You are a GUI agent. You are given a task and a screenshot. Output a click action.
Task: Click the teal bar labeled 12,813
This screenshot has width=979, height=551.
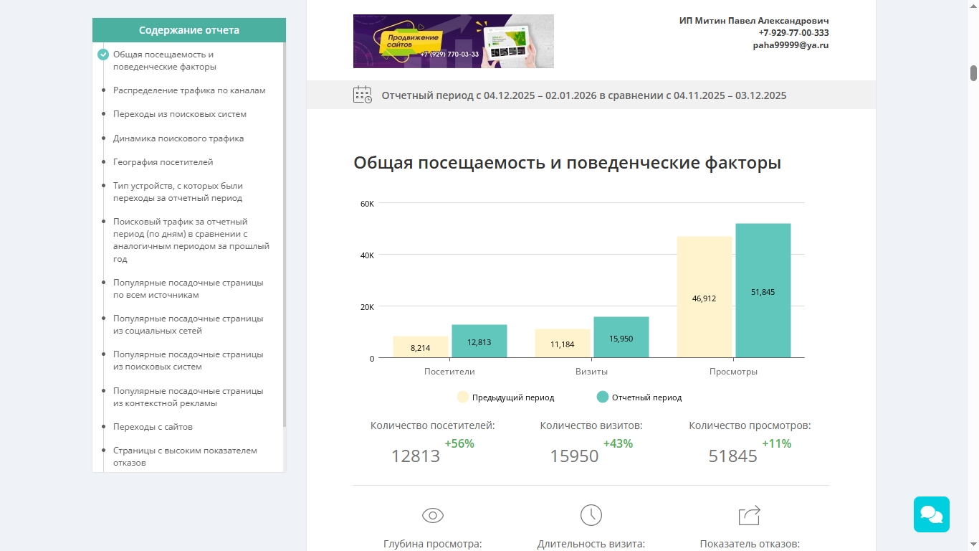click(x=479, y=342)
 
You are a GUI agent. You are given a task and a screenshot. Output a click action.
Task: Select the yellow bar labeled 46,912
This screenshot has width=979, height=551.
click(x=704, y=297)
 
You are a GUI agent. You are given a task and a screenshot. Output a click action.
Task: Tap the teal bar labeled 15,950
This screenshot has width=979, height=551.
click(x=621, y=337)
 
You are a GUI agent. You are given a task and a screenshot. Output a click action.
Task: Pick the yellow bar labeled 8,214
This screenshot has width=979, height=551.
click(x=420, y=347)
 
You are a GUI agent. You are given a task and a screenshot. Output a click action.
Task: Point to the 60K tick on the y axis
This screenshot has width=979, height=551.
click(x=367, y=204)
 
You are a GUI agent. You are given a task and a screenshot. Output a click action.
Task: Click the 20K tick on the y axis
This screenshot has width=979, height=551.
click(x=367, y=307)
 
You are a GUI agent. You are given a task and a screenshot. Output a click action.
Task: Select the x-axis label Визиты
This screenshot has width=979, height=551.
click(x=591, y=372)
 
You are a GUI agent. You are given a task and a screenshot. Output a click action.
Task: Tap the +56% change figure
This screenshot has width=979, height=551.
click(x=459, y=444)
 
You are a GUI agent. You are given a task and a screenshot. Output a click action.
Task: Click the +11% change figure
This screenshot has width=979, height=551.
click(x=776, y=444)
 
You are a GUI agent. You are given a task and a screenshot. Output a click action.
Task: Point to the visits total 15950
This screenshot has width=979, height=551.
click(x=574, y=456)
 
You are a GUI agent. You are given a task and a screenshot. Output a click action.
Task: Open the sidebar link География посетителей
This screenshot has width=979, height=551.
click(x=163, y=162)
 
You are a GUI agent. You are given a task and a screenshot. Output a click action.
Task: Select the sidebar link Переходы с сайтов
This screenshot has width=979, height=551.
click(x=153, y=427)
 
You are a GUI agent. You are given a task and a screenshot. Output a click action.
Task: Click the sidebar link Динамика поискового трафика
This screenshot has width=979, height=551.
click(x=178, y=138)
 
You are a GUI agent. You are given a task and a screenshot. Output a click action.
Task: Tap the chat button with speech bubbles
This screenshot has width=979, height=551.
click(x=931, y=514)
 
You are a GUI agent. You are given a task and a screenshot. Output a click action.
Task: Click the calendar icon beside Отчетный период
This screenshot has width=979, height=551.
click(x=363, y=95)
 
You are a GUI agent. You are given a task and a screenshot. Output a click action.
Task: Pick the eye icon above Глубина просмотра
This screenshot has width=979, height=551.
click(x=433, y=515)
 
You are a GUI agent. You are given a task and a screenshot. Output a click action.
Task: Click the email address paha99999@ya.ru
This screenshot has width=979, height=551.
click(x=791, y=45)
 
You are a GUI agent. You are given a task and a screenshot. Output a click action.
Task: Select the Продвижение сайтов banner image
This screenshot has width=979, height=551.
click(x=453, y=42)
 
